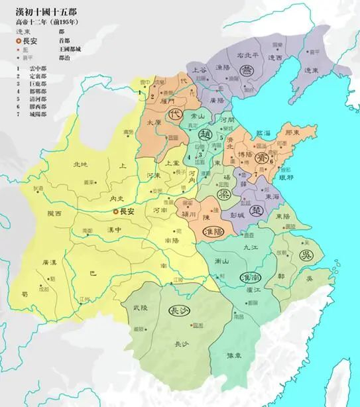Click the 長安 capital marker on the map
pyautogui.click(x=115, y=211)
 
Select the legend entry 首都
pyautogui.click(x=64, y=40)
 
